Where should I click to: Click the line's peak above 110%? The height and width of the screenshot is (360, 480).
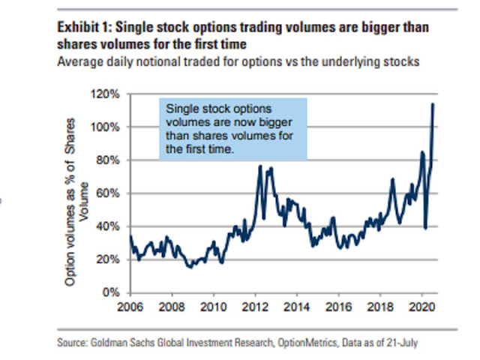coord(433,104)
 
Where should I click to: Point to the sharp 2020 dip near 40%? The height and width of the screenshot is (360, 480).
coord(425,228)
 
